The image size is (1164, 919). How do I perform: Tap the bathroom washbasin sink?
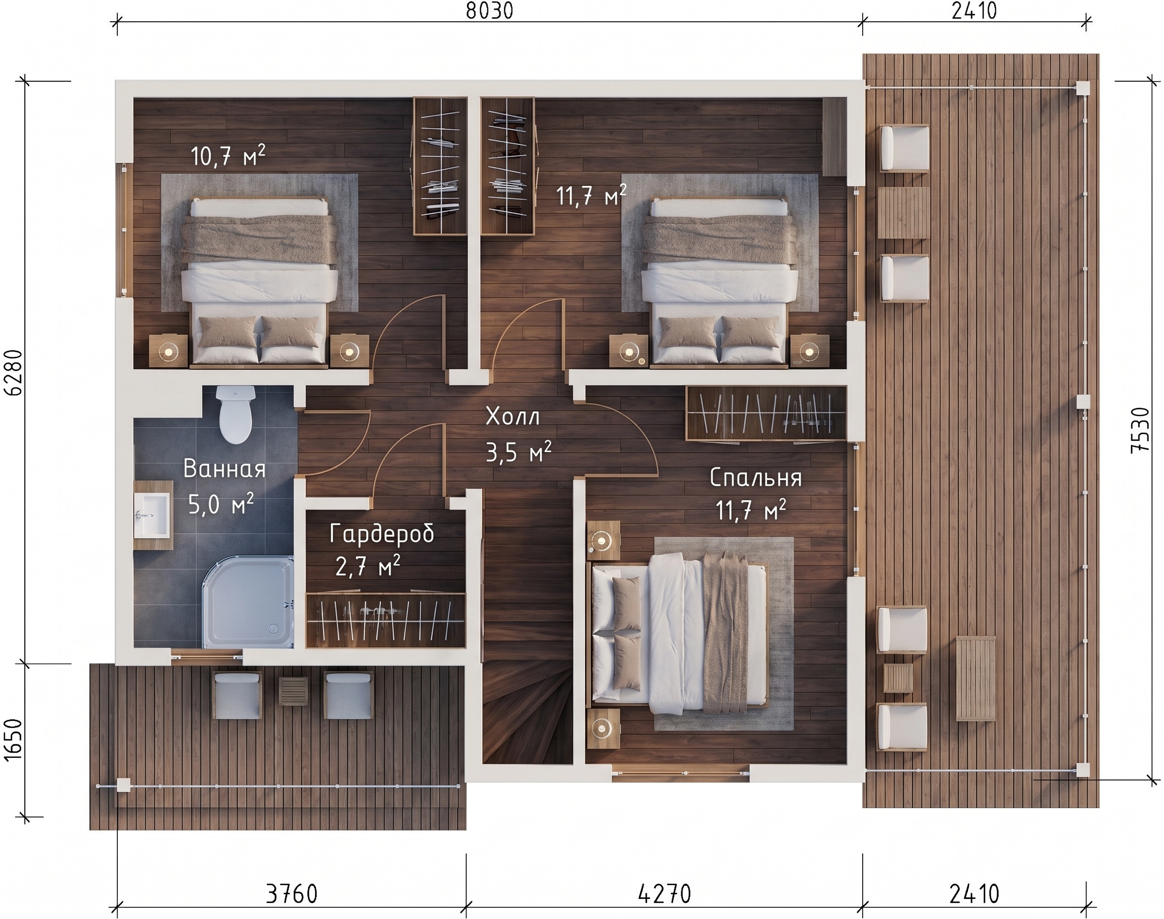pos(152,515)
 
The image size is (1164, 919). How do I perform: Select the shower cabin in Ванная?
pos(247,602)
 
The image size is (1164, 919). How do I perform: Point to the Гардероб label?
pos(382,534)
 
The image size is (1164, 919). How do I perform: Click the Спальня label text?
pos(755,478)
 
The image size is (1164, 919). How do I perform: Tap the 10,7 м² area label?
pos(228,156)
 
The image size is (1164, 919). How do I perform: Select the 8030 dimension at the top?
pos(489,11)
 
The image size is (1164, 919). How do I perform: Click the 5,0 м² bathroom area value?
pos(221,505)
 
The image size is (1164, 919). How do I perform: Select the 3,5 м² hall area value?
pos(518,452)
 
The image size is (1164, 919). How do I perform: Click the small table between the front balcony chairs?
pos(294,691)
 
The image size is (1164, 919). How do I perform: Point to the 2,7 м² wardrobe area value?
pos(367,567)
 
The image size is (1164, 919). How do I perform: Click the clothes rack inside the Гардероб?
pos(385,620)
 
